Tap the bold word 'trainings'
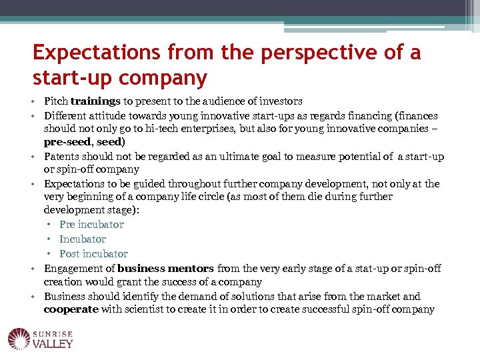coord(95,101)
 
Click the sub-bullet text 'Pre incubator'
coord(91,225)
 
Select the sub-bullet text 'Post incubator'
coord(93,254)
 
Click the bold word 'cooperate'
coord(71,309)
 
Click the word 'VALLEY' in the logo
coord(53,344)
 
